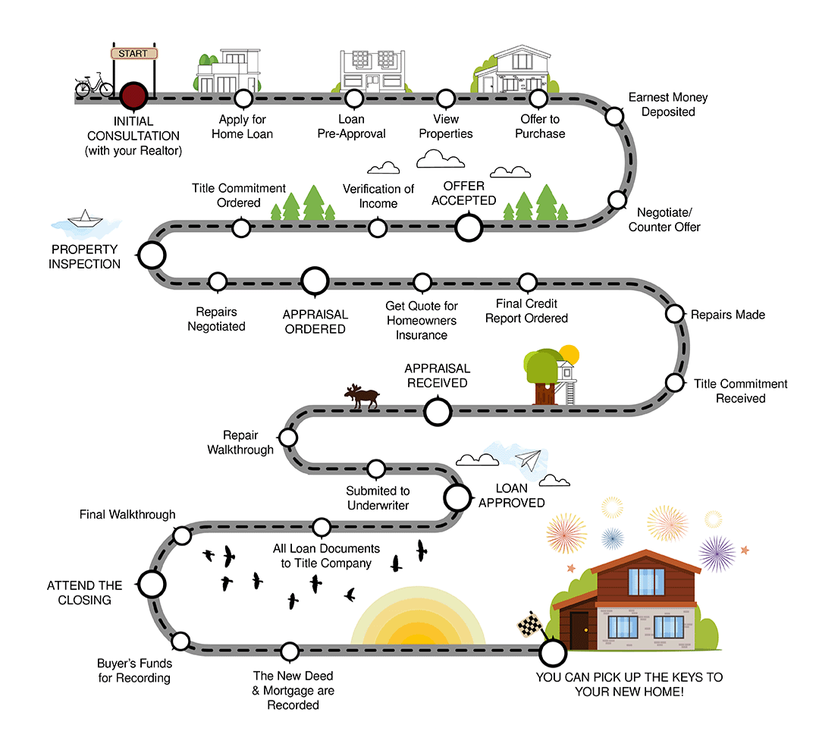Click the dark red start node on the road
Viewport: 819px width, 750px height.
pos(133,96)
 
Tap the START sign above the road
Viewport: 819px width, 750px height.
pos(134,54)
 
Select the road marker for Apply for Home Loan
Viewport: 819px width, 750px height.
pos(243,98)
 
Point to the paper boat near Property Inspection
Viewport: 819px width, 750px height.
pos(85,221)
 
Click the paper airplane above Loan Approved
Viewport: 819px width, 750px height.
pos(529,460)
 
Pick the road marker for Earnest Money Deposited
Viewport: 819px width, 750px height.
pos(614,115)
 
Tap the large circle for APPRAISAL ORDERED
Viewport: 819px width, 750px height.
pos(315,281)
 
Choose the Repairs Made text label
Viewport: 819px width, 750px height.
pos(727,314)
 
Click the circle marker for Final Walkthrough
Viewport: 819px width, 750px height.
pos(182,535)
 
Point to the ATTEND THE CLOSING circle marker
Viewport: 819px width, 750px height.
pos(151,584)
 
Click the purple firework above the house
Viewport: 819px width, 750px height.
pos(717,553)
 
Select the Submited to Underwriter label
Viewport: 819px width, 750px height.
pos(378,498)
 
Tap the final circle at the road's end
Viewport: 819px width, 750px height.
pos(552,651)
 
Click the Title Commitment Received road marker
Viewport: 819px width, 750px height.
pos(674,381)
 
